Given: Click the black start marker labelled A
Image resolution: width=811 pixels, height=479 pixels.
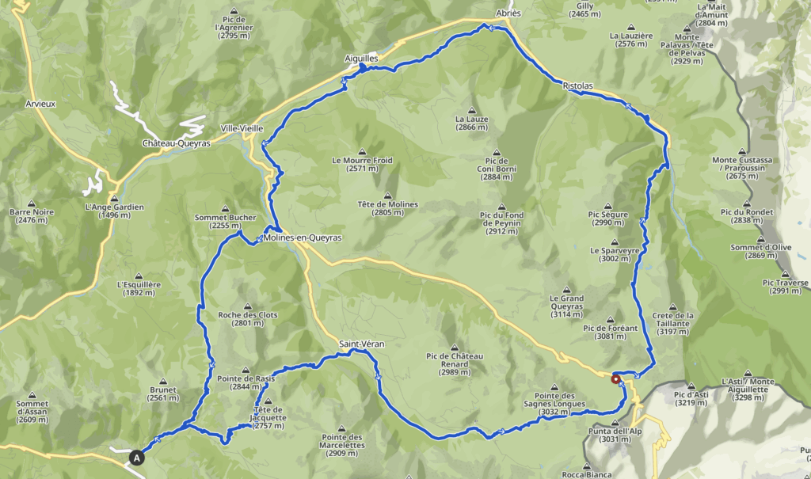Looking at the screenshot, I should (138, 457).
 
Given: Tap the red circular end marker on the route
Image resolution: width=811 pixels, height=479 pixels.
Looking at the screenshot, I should (616, 379).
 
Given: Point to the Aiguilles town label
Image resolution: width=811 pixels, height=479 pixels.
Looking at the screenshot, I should (361, 59).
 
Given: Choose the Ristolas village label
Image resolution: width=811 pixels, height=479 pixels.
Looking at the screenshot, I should (577, 86).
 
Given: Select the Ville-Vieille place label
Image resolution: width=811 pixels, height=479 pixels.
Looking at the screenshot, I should (241, 127).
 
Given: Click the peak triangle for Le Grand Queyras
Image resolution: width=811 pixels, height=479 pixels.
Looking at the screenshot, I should (566, 290).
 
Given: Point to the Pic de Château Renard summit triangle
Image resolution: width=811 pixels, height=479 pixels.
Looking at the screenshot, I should (455, 347).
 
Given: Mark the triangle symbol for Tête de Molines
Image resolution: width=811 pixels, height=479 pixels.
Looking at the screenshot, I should (387, 196).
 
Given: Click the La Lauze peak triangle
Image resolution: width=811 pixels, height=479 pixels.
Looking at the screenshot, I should (471, 110).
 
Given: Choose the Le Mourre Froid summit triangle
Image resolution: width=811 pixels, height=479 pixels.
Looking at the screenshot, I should (362, 151).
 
